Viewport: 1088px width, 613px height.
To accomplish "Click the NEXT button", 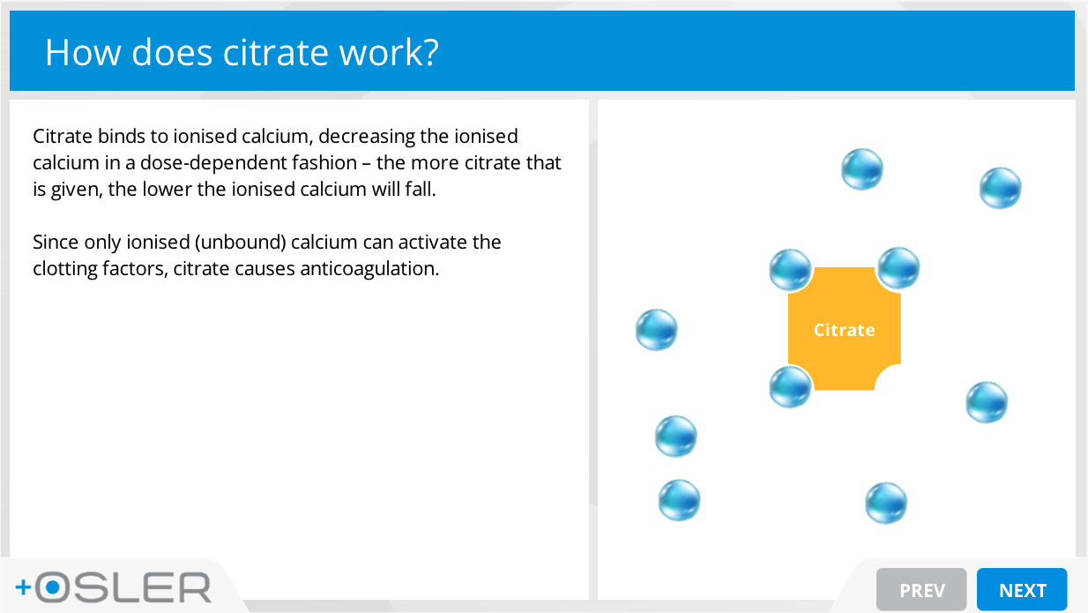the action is pos(1022,589).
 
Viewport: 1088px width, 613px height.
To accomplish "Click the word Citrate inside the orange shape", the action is pos(844,330).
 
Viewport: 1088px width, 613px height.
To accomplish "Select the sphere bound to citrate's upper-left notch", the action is pos(790,270).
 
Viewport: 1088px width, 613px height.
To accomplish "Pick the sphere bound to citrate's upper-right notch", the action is pos(898,267).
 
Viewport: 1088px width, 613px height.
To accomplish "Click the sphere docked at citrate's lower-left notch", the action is pos(790,386).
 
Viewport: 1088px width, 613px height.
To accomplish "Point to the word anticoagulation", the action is pos(369,269).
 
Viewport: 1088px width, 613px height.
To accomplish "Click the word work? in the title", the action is pos(389,52).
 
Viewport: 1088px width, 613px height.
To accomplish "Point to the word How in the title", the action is pos(83,52).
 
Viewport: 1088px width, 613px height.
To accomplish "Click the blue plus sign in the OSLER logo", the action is pos(23,587).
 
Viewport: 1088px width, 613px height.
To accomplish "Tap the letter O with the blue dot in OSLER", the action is pos(52,587).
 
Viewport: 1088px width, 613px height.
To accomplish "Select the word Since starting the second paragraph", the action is pos(56,242).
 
